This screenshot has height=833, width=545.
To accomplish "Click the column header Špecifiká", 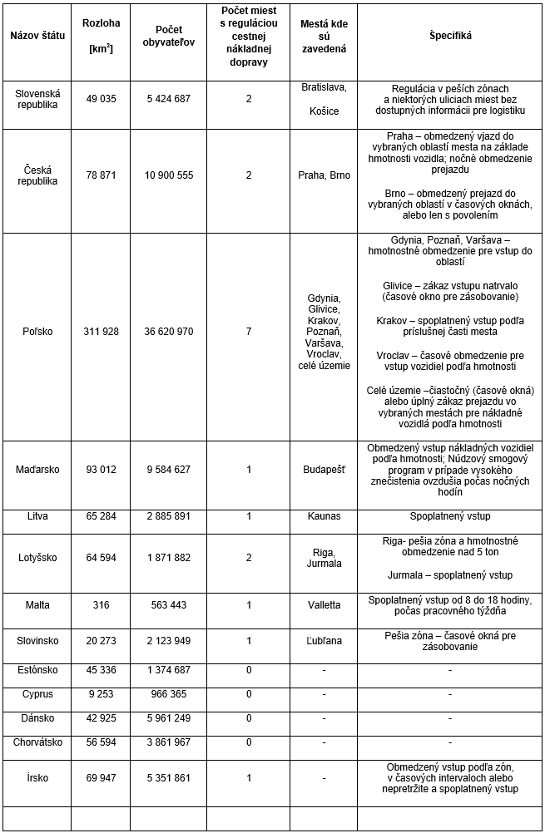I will pos(450,36).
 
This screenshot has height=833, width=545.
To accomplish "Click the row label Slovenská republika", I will pos(35,98).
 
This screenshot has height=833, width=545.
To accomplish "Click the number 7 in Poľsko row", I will pos(248,331).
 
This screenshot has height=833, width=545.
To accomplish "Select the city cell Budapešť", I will pos(324,470).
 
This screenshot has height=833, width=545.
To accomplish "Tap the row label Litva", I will pos(36,516).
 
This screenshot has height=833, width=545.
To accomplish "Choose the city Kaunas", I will pos(324,516).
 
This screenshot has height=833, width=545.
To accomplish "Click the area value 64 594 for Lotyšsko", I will pos(102,557).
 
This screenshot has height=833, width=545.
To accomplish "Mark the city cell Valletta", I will pos(324,605).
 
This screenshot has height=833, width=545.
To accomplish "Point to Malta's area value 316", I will pos(102,605).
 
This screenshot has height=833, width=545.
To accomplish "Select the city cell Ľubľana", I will pos(324,639).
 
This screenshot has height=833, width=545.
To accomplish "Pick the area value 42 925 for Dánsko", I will pos(102,717).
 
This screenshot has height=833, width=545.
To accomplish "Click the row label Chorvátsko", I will pos(36,742).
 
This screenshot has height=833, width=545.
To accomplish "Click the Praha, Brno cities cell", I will pos(324,175).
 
